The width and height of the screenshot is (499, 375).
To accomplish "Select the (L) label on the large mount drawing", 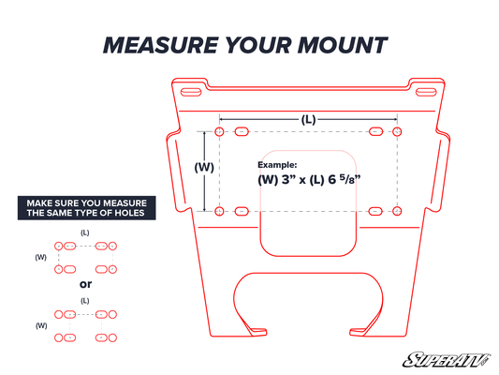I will (x=307, y=119).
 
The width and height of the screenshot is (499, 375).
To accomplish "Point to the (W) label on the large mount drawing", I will (x=203, y=168).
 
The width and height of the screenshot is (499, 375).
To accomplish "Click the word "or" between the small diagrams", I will (x=85, y=284).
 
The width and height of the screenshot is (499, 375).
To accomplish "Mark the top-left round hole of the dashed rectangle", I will (x=219, y=131).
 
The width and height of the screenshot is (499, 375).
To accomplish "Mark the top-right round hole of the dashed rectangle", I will (x=397, y=131).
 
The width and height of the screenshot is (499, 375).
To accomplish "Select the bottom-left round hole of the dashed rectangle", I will (x=219, y=211).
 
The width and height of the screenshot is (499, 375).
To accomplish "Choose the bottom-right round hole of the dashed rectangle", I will (x=397, y=211).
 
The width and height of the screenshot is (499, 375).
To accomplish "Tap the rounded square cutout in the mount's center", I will (x=306, y=202).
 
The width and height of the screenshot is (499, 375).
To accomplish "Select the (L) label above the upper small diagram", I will (x=85, y=232).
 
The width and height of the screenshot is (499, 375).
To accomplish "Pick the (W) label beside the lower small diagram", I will (x=40, y=325).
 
